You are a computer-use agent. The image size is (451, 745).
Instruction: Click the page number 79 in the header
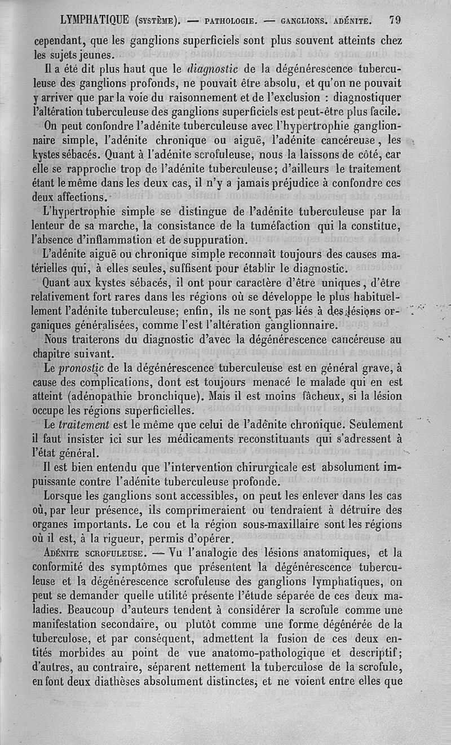pyautogui.click(x=395, y=20)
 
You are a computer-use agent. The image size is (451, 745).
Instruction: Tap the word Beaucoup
pyautogui.click(x=77, y=611)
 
